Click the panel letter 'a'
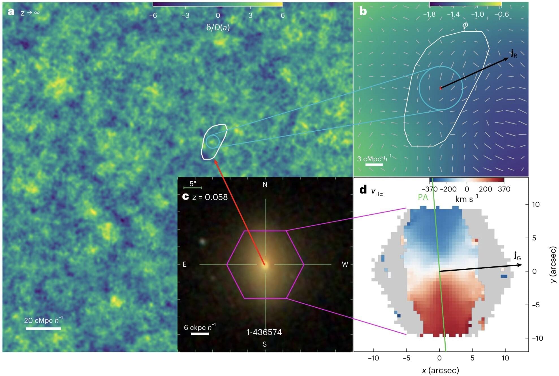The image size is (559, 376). pyautogui.click(x=11, y=12)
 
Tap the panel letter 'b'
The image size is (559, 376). pyautogui.click(x=363, y=11)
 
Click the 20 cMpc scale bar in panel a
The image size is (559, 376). pyautogui.click(x=43, y=329)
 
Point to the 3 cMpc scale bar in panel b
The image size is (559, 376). pyautogui.click(x=374, y=164)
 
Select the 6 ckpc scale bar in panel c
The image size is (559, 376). pyautogui.click(x=200, y=334)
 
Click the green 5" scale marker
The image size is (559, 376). pyautogui.click(x=193, y=188)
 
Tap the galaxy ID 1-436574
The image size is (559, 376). pyautogui.click(x=264, y=332)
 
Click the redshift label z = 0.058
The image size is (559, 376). pyautogui.click(x=210, y=197)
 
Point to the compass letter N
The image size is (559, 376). pyautogui.click(x=265, y=185)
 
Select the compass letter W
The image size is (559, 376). pyautogui.click(x=345, y=264)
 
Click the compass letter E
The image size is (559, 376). pyautogui.click(x=185, y=264)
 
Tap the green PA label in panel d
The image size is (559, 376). pyautogui.click(x=423, y=197)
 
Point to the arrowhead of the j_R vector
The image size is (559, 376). pyautogui.click(x=507, y=59)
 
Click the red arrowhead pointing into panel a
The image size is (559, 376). pyautogui.click(x=215, y=162)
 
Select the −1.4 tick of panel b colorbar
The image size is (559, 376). pyautogui.click(x=453, y=14)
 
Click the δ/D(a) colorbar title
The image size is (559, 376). pyautogui.click(x=218, y=27)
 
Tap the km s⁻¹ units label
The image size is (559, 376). pyautogui.click(x=467, y=199)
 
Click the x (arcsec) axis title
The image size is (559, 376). pyautogui.click(x=440, y=370)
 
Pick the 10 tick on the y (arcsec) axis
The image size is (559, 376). pyautogui.click(x=536, y=204)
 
